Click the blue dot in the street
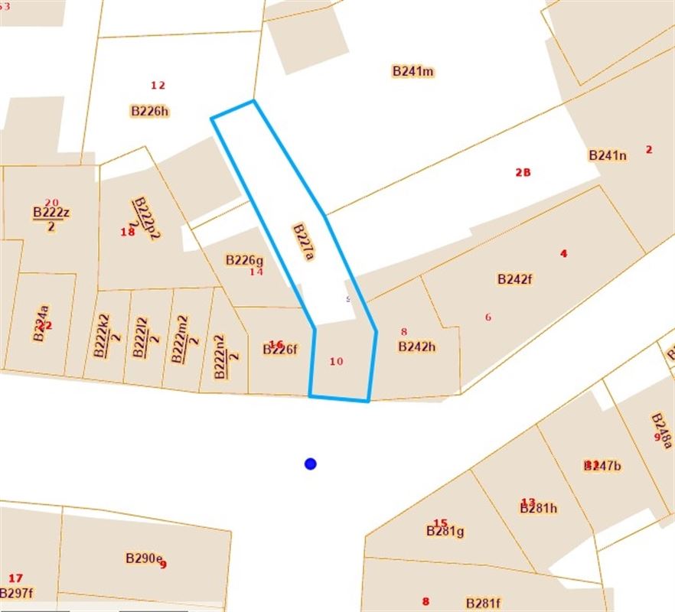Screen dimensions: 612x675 310,464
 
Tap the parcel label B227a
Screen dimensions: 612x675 303,243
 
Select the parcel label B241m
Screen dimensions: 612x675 413,71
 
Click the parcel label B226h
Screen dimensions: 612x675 149,111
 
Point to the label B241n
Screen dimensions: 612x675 608,155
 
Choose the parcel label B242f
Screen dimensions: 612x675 515,279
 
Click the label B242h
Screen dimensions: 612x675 416,347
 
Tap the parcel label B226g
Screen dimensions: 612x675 244,260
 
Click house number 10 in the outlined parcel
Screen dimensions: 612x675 336,361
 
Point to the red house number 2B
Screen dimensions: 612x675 523,172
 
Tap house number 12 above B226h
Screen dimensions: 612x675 158,85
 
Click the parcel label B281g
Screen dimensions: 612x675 445,531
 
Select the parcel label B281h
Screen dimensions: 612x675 538,508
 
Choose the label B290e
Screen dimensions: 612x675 143,558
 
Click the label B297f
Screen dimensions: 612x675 16,593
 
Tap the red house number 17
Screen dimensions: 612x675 15,578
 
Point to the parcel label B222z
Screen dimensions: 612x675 51,212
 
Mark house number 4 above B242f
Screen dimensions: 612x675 564,253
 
